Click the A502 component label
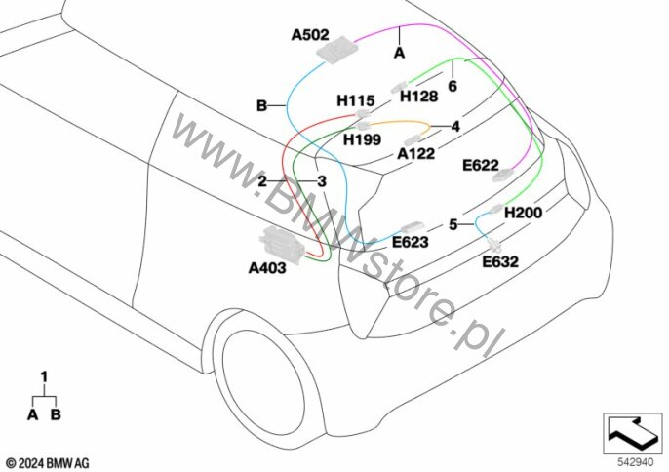(310, 35)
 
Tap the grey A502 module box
(335, 51)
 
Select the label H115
(355, 100)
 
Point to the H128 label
(418, 97)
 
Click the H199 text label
(362, 139)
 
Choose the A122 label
(416, 154)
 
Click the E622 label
(481, 165)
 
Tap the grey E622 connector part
(503, 175)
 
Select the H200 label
(523, 213)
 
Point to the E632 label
(500, 261)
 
